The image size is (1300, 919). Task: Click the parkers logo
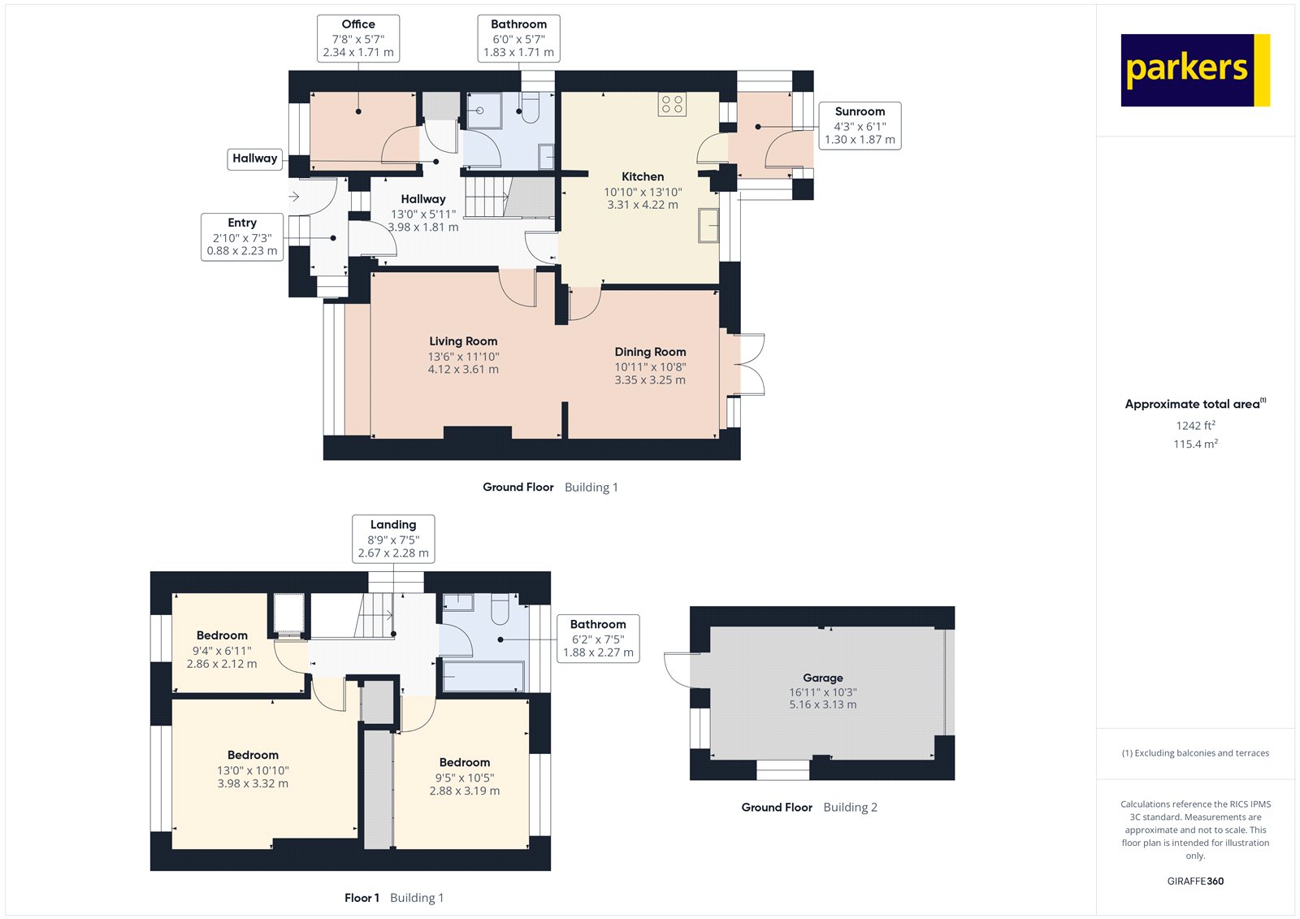(1194, 70)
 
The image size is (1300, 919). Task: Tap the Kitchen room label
(643, 176)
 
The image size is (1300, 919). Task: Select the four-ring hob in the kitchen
(672, 104)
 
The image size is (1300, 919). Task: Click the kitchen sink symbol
(708, 225)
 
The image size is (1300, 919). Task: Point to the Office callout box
(358, 38)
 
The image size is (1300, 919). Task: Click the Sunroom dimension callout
(860, 125)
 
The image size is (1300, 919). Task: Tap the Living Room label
(463, 341)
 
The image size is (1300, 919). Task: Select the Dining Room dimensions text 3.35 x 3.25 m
(650, 379)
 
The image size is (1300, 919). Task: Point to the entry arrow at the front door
(294, 197)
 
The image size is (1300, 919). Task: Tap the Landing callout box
(393, 538)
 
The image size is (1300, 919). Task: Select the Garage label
(823, 678)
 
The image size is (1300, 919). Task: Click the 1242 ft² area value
(1195, 425)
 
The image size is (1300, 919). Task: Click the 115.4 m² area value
(1195, 444)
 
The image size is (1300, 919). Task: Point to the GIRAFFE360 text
(1195, 881)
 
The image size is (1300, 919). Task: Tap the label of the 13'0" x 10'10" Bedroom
(253, 755)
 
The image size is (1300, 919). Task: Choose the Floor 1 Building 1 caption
(394, 898)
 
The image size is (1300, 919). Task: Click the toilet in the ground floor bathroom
(530, 110)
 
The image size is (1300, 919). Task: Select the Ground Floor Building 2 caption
(809, 807)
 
